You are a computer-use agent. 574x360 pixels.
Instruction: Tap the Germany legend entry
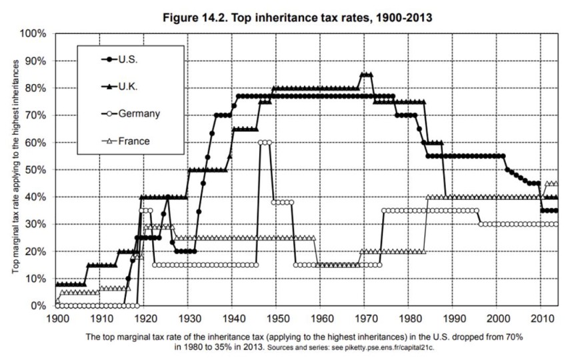(x=138, y=114)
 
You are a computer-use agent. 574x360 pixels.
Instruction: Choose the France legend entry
(x=134, y=141)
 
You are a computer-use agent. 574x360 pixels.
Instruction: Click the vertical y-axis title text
(x=14, y=170)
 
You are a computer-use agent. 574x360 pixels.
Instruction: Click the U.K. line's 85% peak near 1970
(x=366, y=75)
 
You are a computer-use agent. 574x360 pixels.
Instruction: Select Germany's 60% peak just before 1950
(x=265, y=142)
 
